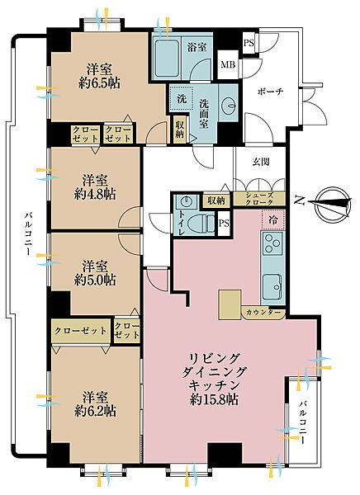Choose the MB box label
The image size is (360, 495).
[x=228, y=65]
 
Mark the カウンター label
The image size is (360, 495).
[x=264, y=313]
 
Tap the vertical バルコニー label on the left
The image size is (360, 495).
[x=27, y=234]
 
